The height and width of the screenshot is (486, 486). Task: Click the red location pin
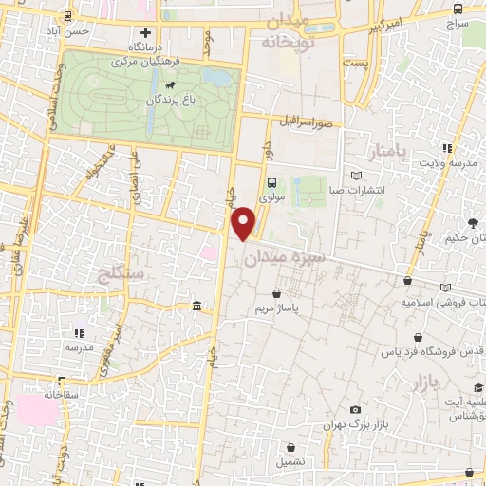pyautogui.click(x=244, y=222)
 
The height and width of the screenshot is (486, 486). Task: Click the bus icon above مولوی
pyautogui.click(x=271, y=183)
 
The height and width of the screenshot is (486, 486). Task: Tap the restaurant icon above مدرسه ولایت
pyautogui.click(x=447, y=148)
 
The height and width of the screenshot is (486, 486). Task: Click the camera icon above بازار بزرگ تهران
pyautogui.click(x=354, y=408)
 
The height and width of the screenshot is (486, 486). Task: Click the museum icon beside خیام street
pyautogui.click(x=196, y=306)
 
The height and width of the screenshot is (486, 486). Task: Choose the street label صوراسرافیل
pyautogui.click(x=306, y=121)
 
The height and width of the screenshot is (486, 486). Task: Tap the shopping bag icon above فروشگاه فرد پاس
pyautogui.click(x=418, y=337)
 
